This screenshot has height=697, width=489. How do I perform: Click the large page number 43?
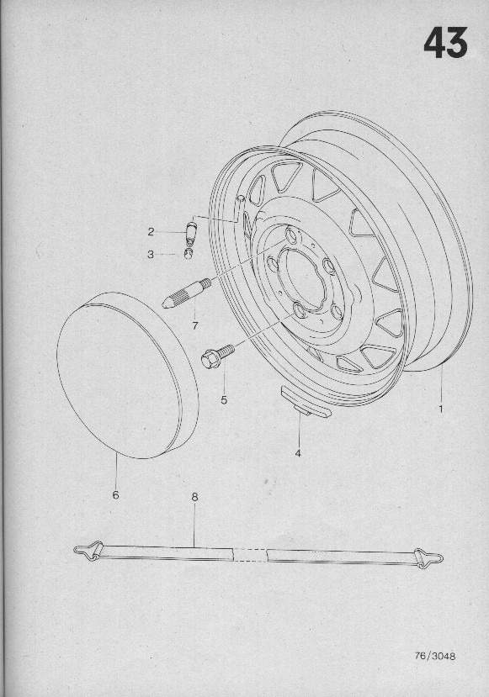tap(445, 43)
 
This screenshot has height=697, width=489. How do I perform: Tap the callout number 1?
tap(441, 409)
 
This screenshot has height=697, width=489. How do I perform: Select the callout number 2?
tap(151, 231)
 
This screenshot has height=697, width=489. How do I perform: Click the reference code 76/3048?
tap(435, 656)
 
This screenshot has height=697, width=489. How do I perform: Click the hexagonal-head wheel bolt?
tap(217, 356)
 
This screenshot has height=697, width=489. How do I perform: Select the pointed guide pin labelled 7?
tap(186, 293)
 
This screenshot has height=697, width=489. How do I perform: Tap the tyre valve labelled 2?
tap(190, 233)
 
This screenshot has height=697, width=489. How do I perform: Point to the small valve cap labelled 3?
tap(189, 254)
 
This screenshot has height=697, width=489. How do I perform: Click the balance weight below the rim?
tap(306, 403)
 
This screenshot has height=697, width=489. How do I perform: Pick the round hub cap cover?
tap(127, 375)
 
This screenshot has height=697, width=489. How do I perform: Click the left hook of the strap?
tap(88, 552)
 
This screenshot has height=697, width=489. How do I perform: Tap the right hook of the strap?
tap(428, 557)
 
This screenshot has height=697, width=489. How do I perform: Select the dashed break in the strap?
tap(250, 554)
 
